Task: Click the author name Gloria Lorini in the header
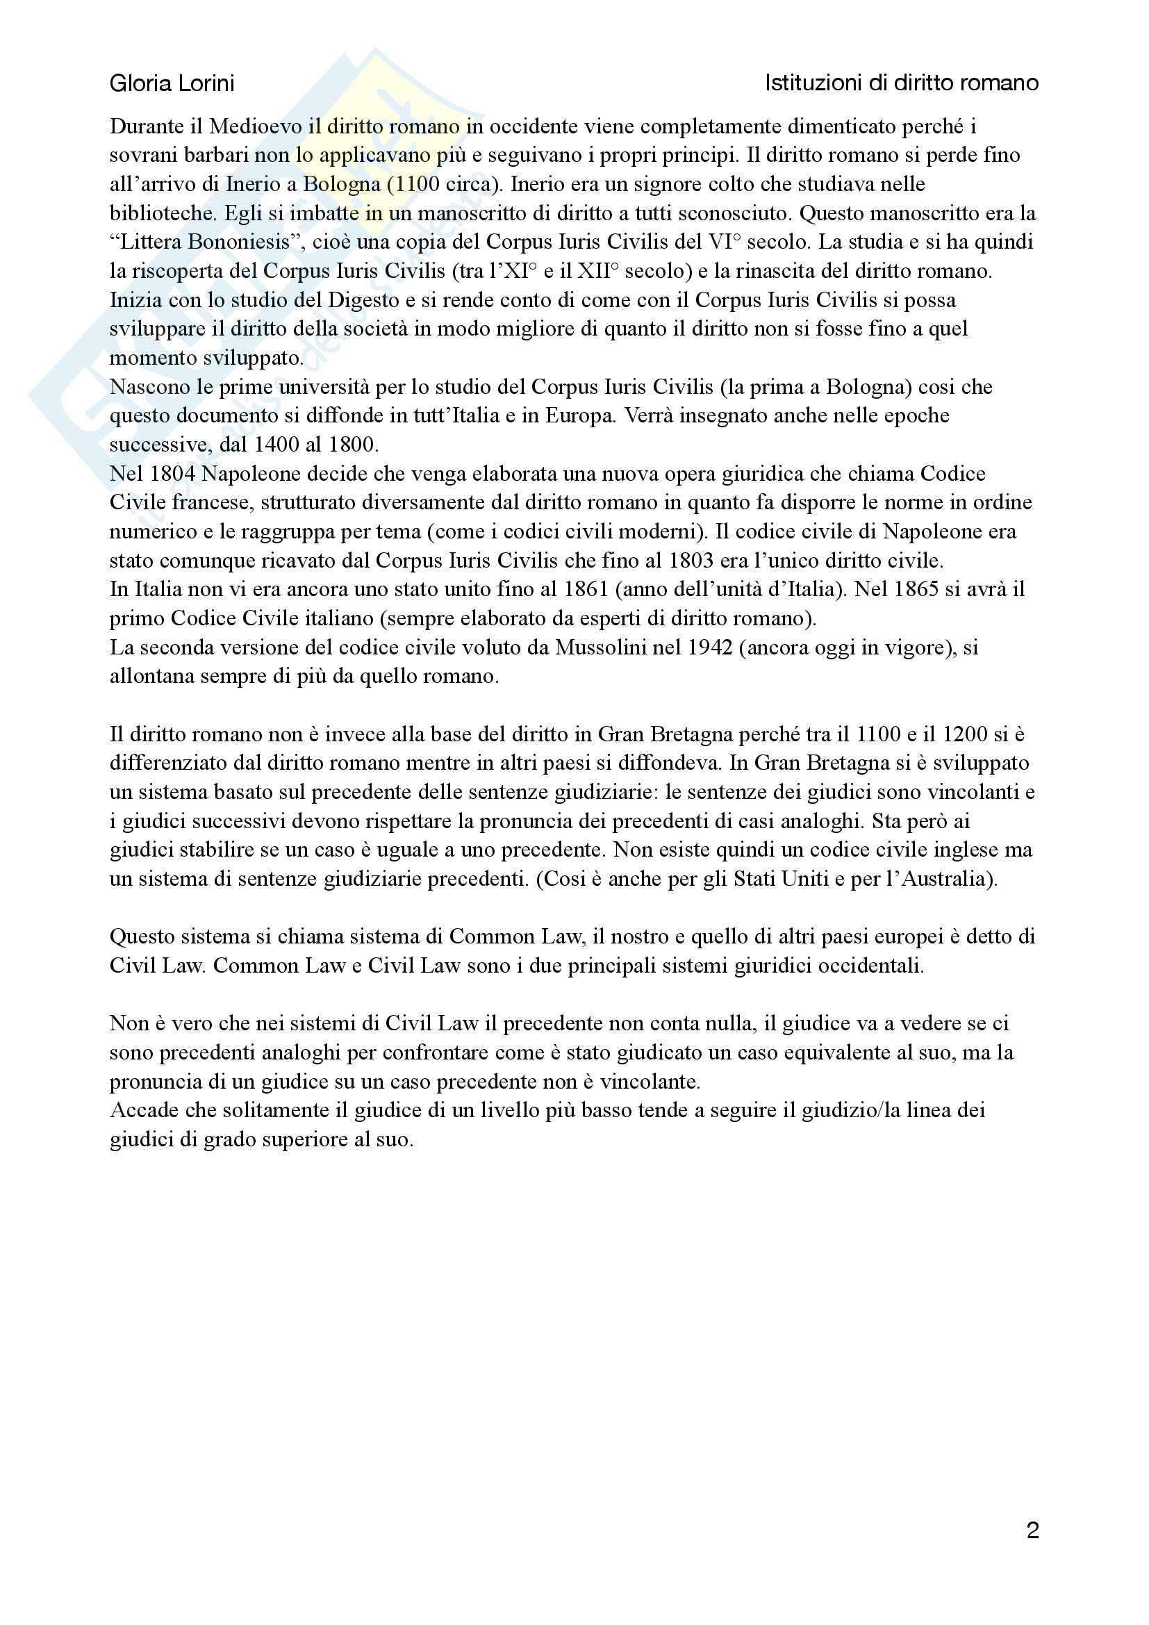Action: pos(172,84)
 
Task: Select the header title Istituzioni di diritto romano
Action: pos(902,83)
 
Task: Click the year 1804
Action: pos(173,474)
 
